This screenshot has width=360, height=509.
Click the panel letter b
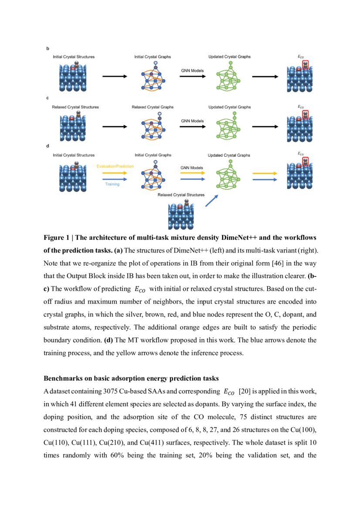[48, 49]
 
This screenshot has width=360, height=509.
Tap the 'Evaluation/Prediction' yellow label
[115, 166]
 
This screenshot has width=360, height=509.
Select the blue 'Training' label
[112, 184]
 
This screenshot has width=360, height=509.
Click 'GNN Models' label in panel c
[192, 121]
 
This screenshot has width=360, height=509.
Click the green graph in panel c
[229, 126]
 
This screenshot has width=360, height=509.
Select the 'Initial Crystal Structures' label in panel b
[74, 57]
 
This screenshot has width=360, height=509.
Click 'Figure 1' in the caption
[56, 238]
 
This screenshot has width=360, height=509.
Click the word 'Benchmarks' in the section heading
[61, 365]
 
